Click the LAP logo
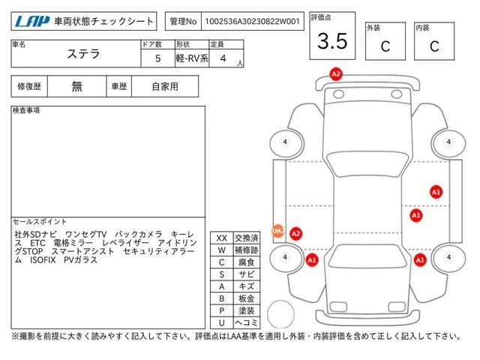pos(32,21)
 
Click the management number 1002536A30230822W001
pos(252,21)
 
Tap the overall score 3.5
pos(332,41)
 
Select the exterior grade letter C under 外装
pos(385,46)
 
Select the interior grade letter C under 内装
pos(434,46)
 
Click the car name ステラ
pos(83,54)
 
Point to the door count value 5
pos(157,58)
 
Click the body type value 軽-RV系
pos(192,58)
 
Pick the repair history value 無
pos(76,86)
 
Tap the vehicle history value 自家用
pos(165,86)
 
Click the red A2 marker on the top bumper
pos(336,74)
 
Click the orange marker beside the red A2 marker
pos(277,230)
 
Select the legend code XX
pos(222,238)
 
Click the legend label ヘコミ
pos(247,322)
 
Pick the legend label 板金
pos(247,298)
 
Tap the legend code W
pos(222,250)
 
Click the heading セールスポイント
pos(40,221)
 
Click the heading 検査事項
pos(26,110)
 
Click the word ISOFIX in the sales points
pos(43,260)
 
